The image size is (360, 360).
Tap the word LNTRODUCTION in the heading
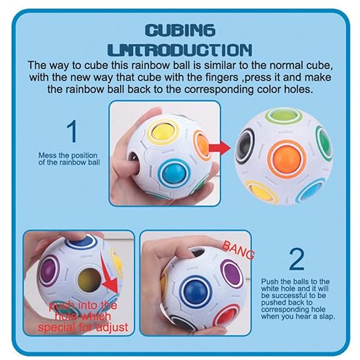point(180,50)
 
